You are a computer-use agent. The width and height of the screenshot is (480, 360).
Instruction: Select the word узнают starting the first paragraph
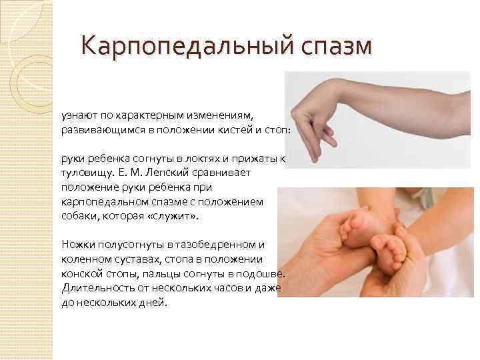click(77, 117)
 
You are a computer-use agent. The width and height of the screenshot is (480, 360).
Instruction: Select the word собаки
click(78, 217)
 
